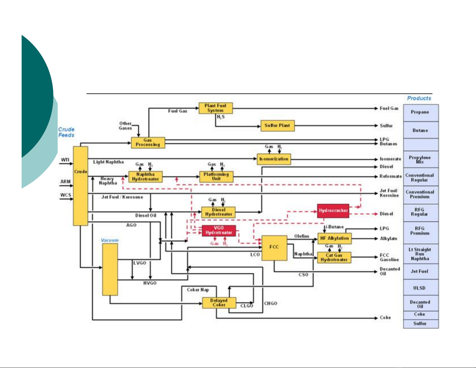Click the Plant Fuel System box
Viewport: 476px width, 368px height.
(x=216, y=108)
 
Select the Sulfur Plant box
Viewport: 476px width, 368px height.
(x=277, y=126)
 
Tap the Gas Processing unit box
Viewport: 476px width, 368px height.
(x=148, y=142)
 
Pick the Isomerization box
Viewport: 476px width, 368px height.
(x=274, y=159)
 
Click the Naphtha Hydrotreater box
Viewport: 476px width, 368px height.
(x=145, y=177)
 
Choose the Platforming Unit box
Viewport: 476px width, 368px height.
(x=216, y=177)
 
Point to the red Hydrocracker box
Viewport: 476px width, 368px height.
(x=333, y=211)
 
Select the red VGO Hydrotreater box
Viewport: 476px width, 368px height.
(x=219, y=230)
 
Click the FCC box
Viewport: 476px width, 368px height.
(x=274, y=248)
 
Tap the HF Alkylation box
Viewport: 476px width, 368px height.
(x=334, y=238)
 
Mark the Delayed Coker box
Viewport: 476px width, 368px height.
(x=219, y=303)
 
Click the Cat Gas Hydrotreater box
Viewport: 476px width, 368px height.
(x=334, y=257)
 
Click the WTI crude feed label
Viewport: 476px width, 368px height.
(x=65, y=160)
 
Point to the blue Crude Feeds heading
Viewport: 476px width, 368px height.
(x=66, y=132)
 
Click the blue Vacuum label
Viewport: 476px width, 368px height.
(x=110, y=240)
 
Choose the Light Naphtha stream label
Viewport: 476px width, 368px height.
(x=108, y=162)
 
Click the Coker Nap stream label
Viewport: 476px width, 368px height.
(x=198, y=290)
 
